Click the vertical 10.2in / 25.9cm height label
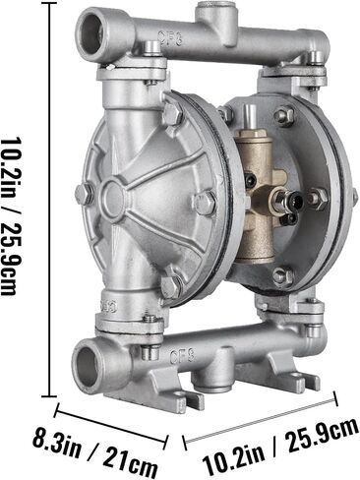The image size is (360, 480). click(x=12, y=216)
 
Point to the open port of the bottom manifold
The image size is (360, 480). click(x=86, y=366)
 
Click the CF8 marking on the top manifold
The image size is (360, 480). click(x=170, y=38)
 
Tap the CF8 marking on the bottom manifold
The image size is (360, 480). click(x=182, y=355)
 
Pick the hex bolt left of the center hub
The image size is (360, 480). click(x=84, y=194)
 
